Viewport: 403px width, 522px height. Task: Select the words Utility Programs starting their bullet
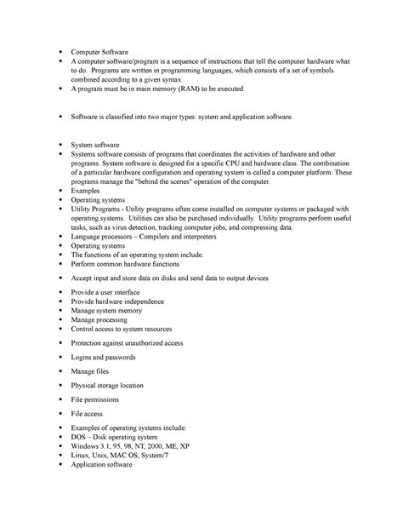click(x=99, y=209)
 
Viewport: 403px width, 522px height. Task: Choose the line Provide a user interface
click(x=110, y=291)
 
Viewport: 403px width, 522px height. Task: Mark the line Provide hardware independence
click(x=117, y=301)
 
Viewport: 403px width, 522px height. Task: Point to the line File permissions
click(x=94, y=399)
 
